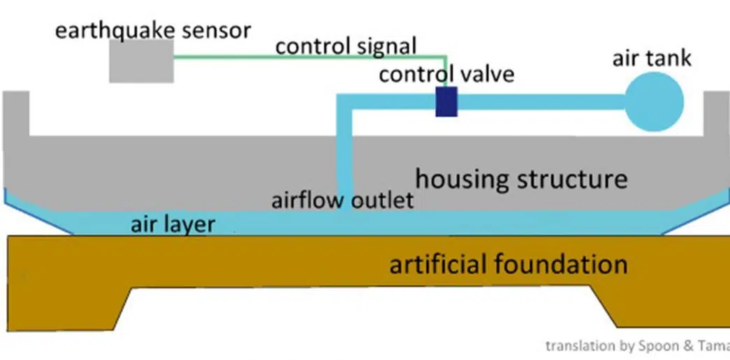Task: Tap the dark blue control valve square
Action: (x=446, y=102)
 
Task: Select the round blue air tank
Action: (x=655, y=103)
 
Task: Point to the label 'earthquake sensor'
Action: (x=152, y=30)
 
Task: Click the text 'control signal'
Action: (x=346, y=47)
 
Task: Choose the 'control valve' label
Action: (x=446, y=73)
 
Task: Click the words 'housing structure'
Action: (x=521, y=179)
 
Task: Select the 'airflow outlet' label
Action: (x=342, y=201)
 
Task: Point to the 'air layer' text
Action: (x=173, y=225)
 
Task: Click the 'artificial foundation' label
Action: (x=508, y=265)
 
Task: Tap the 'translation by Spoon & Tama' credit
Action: (x=636, y=345)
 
